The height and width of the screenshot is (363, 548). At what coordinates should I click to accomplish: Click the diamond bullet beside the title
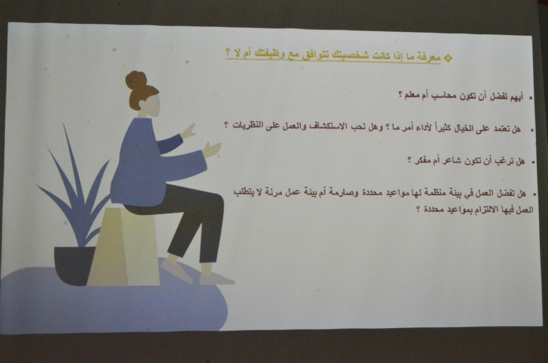click(448, 58)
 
